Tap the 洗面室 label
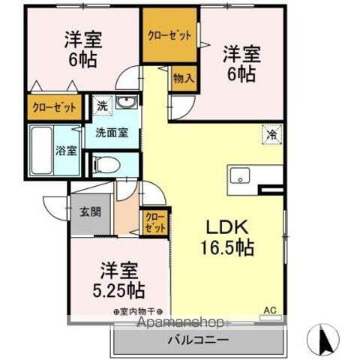[111, 133]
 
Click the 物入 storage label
[182, 77]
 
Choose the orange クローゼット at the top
[169, 35]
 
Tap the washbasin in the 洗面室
[128, 103]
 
